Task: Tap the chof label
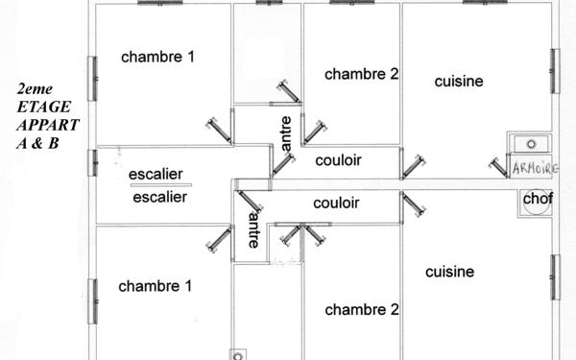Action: point(533,199)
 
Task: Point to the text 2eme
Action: point(36,91)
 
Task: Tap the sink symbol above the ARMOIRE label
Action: point(531,144)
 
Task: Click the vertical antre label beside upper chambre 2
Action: point(284,132)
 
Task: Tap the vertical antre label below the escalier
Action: point(252,230)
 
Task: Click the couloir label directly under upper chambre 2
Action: point(338,160)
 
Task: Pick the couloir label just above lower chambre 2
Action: point(336,204)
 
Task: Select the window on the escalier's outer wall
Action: point(93,163)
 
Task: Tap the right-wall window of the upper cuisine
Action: point(555,72)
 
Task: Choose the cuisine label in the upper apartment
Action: point(458,82)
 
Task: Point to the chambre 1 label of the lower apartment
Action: point(156,286)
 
